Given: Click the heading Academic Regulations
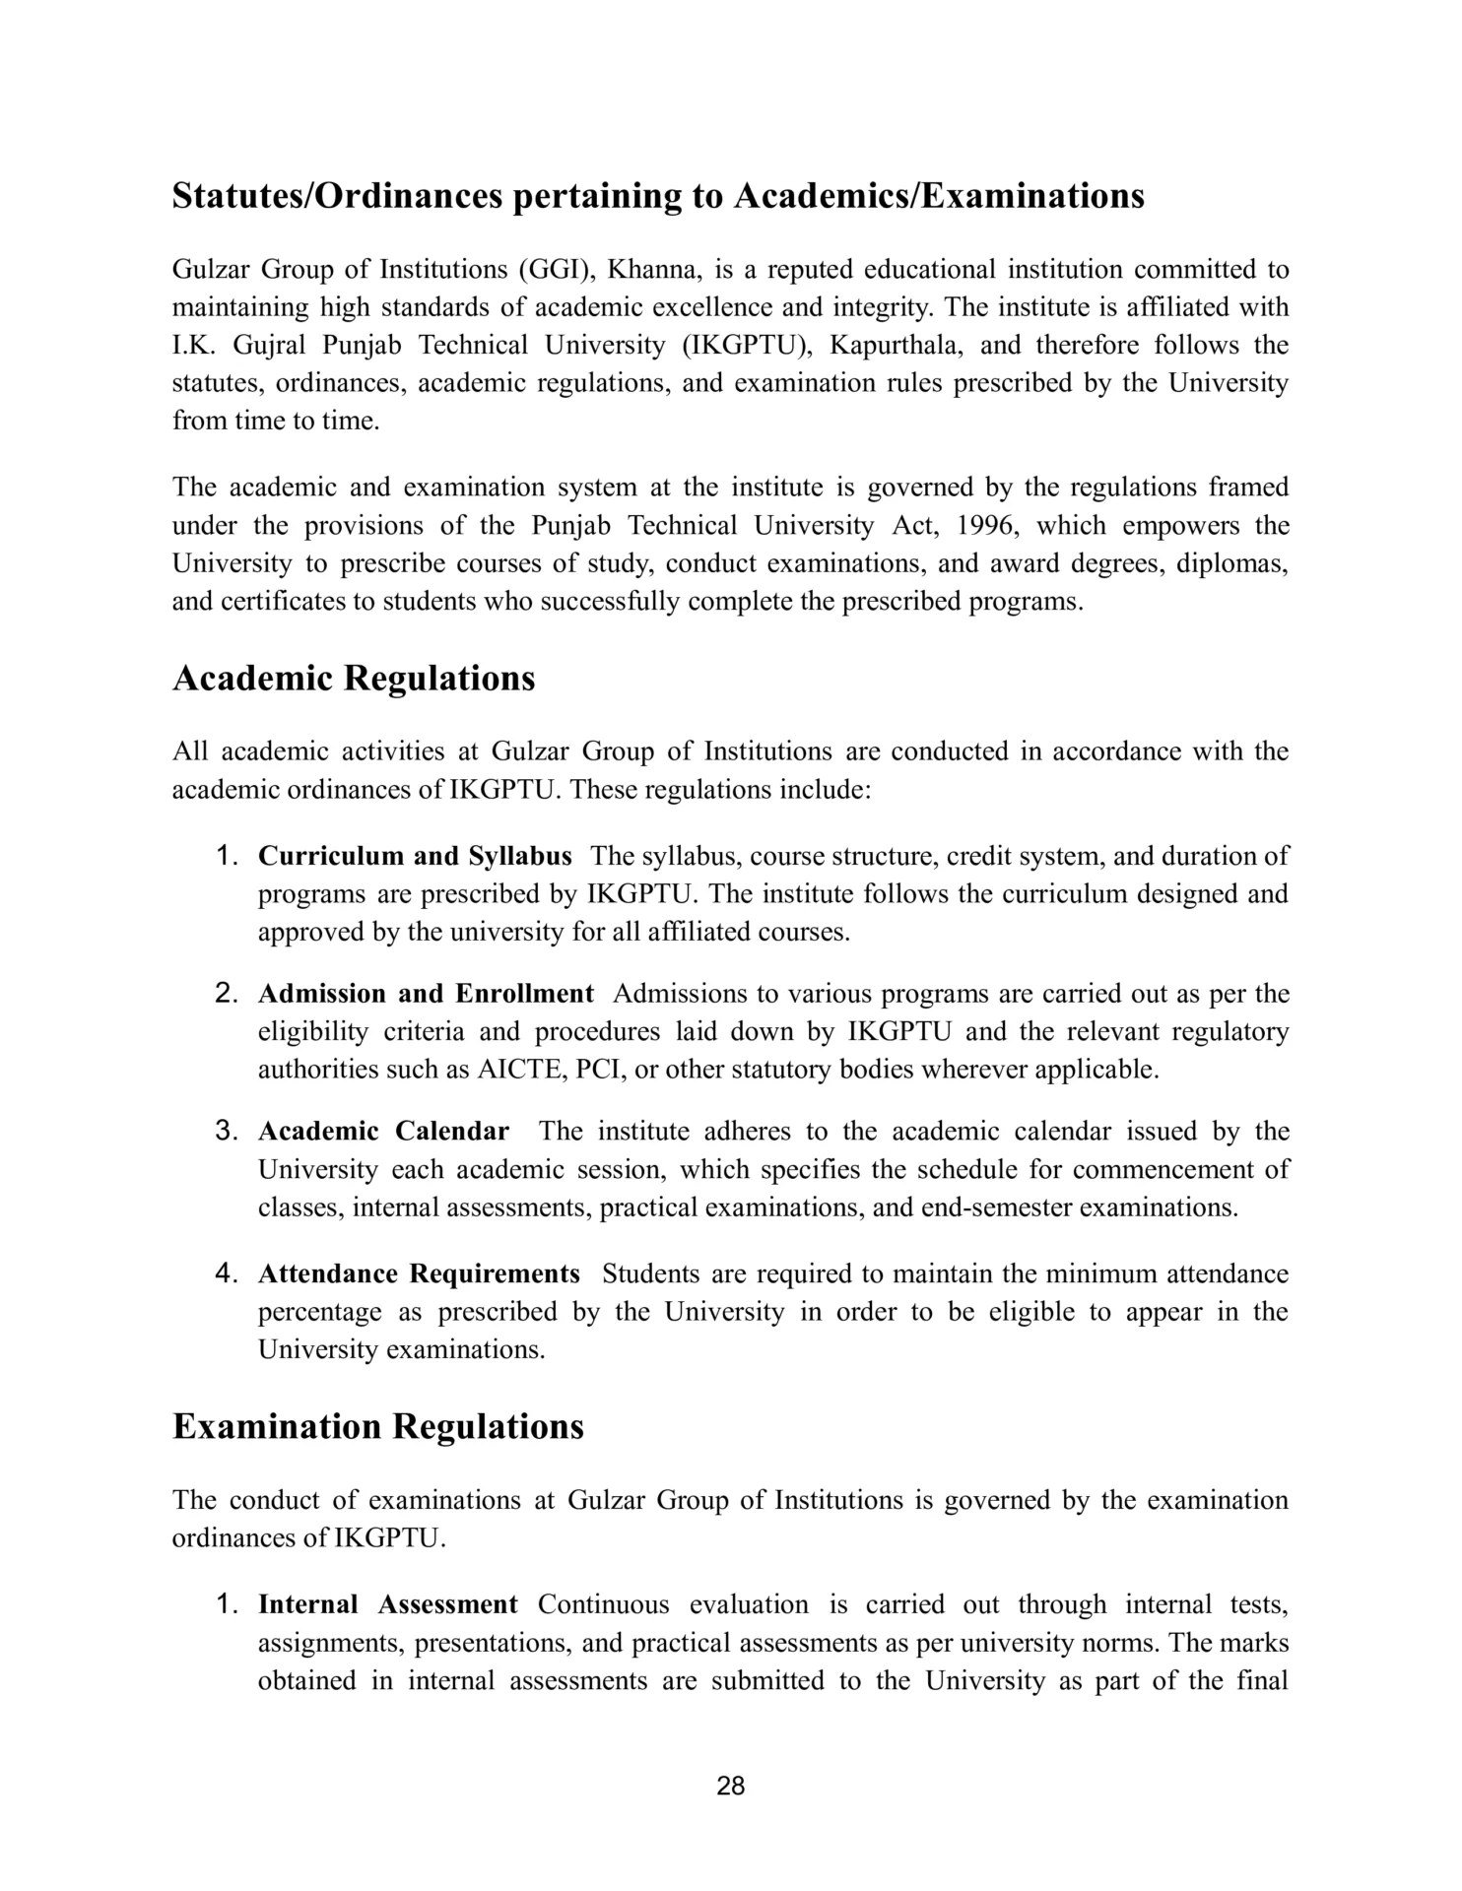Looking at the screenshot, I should [354, 679].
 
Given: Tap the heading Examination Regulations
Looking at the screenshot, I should [378, 1426].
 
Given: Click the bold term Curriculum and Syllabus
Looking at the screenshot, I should [415, 856].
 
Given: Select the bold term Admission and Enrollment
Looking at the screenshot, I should [426, 993].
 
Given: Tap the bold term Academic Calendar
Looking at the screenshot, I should [383, 1131].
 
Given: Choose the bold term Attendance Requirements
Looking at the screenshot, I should [419, 1273].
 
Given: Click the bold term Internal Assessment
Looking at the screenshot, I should [387, 1604].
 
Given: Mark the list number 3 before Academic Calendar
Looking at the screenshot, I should [227, 1131].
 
